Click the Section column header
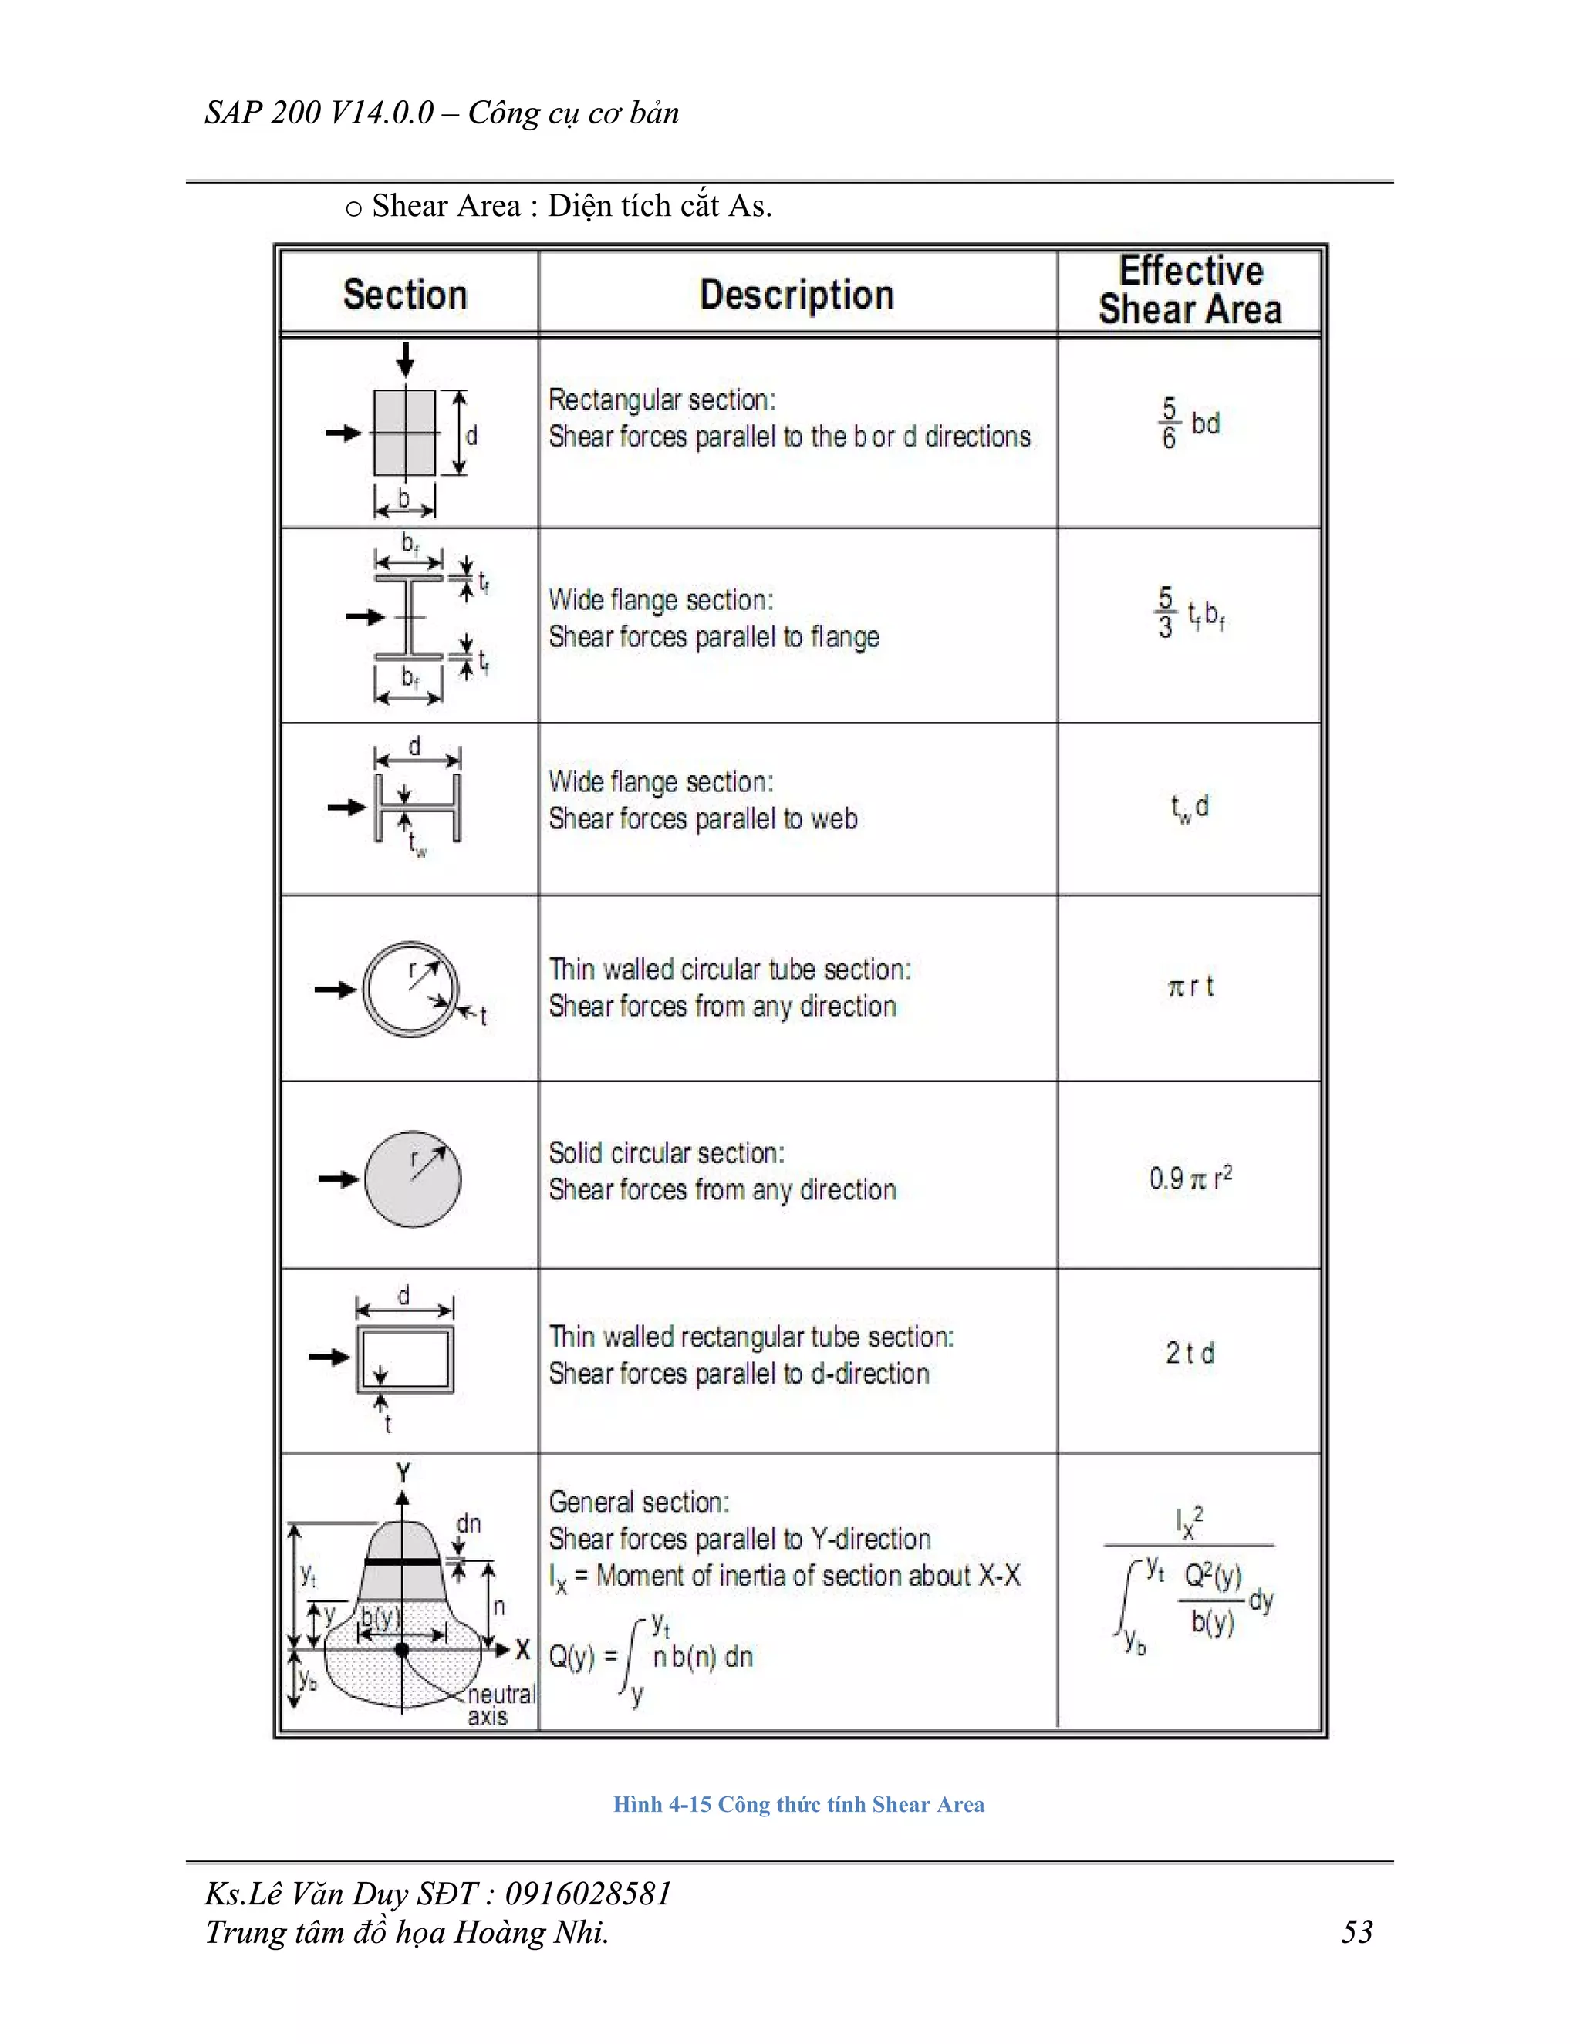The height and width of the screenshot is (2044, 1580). pyautogui.click(x=405, y=294)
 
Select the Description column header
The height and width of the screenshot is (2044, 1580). pyautogui.click(x=796, y=294)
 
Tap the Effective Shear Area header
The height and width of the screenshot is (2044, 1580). pyautogui.click(x=1190, y=290)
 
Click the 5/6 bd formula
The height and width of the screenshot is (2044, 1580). pyautogui.click(x=1189, y=424)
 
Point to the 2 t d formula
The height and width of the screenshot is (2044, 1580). pyautogui.click(x=1190, y=1354)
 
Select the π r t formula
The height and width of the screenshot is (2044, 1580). pyautogui.click(x=1190, y=987)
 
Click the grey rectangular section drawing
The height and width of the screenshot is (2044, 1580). pyautogui.click(x=404, y=433)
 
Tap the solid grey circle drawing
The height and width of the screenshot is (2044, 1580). pyautogui.click(x=412, y=1179)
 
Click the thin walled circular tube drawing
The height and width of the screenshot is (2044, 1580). pyautogui.click(x=410, y=990)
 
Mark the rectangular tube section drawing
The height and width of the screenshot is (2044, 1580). pyautogui.click(x=404, y=1358)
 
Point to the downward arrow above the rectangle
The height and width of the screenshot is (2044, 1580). pyautogui.click(x=405, y=359)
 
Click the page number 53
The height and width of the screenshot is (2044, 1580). pyautogui.click(x=1356, y=1931)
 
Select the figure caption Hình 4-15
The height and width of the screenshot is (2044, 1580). pyautogui.click(x=798, y=1804)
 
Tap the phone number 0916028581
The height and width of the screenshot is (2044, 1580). pyautogui.click(x=588, y=1894)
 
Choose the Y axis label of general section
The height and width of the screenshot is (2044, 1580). pyautogui.click(x=403, y=1473)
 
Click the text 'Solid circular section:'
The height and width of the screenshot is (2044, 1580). pyautogui.click(x=667, y=1153)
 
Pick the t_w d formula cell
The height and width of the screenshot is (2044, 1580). pyautogui.click(x=1190, y=808)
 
